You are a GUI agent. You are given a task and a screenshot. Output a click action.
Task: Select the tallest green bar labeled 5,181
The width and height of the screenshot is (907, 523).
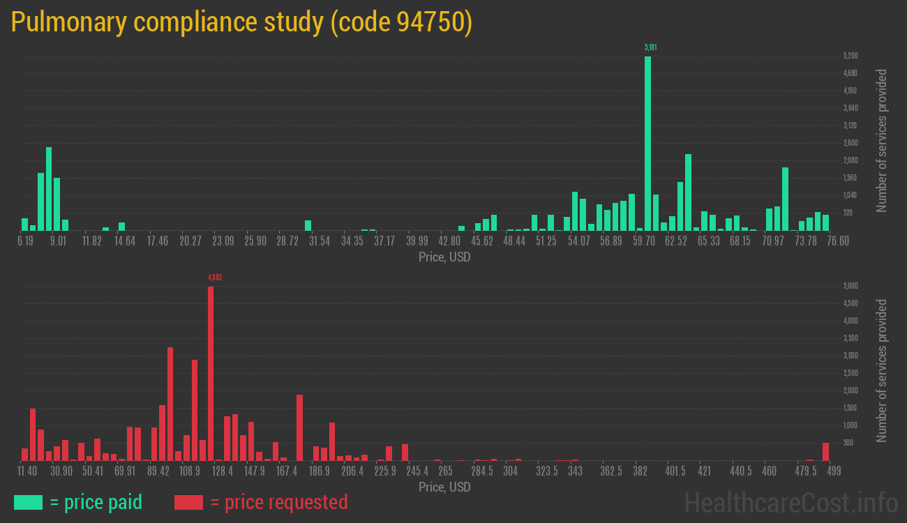[647, 143]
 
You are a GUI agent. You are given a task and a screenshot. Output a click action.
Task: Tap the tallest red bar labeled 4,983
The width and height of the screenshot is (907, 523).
[211, 373]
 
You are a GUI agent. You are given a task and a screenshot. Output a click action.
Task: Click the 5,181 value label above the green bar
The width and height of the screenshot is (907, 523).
[650, 47]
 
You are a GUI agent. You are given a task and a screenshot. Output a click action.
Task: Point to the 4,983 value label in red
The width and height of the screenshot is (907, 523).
[215, 278]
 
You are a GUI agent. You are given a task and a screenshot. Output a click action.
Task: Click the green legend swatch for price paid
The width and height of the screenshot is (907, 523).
[28, 502]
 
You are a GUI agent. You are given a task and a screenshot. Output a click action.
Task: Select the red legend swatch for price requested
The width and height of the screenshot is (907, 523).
[188, 502]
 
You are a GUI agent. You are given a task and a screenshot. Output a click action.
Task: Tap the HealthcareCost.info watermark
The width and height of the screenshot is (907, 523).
[790, 502]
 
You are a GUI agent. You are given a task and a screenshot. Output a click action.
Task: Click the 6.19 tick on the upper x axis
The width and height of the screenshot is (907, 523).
[25, 241]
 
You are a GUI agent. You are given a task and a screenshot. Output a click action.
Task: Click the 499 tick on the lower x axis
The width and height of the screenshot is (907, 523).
[833, 471]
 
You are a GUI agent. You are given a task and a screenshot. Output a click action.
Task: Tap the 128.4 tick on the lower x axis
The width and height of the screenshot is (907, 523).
[222, 471]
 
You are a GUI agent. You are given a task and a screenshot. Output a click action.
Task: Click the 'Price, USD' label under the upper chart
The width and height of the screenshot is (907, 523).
[444, 257]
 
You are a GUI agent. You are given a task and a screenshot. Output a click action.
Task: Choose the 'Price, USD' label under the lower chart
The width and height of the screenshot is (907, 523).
[444, 487]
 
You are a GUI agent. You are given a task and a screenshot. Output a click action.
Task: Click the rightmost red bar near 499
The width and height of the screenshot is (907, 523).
[825, 451]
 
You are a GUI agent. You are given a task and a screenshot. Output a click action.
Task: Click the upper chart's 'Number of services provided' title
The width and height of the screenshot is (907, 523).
[882, 140]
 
